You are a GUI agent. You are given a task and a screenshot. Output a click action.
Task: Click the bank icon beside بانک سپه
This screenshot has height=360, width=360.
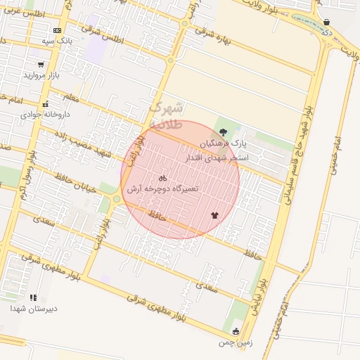(x=57, y=30)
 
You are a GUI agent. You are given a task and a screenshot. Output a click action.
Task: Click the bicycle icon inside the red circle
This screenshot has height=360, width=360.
(x=163, y=178)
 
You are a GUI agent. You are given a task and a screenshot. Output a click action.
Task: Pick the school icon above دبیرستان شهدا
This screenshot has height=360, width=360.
(x=33, y=298)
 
